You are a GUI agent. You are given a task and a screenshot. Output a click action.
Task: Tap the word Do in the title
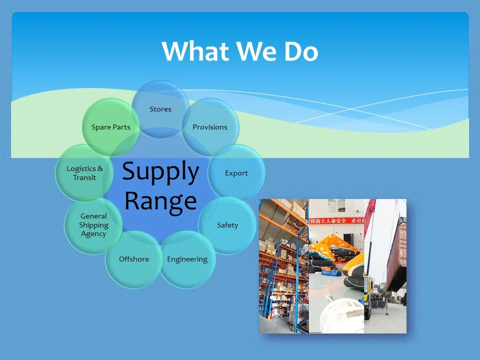pos(301,51)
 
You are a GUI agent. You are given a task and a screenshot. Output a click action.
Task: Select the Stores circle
pos(160,109)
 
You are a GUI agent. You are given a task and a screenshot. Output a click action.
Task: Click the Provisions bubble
pos(210,127)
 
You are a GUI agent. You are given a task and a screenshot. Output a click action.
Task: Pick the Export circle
pos(236,173)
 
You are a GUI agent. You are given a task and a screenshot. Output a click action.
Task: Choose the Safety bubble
pos(227,225)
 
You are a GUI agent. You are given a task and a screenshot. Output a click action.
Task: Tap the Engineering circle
pos(187,259)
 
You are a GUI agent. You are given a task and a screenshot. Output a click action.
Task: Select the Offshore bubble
pos(134,259)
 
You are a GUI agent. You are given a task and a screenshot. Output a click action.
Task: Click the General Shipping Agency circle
pos(93,225)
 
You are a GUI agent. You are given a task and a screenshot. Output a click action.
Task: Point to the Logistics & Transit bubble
pos(84,173)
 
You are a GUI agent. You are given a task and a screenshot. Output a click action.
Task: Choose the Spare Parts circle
pos(111,127)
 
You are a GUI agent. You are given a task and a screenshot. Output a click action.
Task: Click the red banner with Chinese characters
pos(336,220)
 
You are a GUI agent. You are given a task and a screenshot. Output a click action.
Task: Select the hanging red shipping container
pos(396,253)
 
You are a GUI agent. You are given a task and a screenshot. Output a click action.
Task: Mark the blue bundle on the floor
pos(331,272)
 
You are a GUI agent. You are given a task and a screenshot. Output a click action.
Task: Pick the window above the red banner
pos(336,206)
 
